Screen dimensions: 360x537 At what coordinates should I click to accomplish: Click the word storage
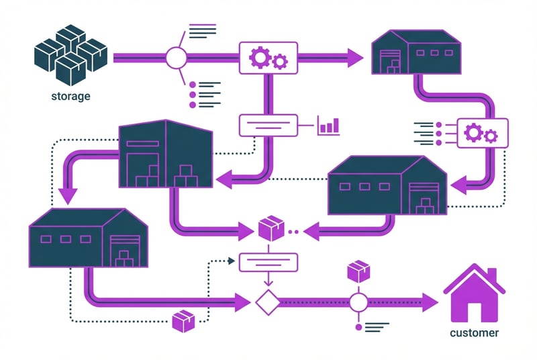[x=70, y=96]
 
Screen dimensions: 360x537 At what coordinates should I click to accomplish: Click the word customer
[x=475, y=332]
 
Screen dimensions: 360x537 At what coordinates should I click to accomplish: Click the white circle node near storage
[x=176, y=58]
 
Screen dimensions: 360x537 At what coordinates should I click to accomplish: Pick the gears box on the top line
[x=268, y=58]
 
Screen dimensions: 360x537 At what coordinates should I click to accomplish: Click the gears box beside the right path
[x=483, y=134]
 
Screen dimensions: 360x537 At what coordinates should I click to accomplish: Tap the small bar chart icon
[x=328, y=125]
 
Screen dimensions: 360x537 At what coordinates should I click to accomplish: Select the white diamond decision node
[x=267, y=302]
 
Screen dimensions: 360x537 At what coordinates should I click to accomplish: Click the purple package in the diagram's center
[x=270, y=229]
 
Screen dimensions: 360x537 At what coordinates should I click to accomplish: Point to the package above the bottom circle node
[x=358, y=272]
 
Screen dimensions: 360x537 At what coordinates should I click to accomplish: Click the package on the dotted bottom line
[x=183, y=322]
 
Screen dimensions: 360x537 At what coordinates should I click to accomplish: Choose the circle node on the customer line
[x=358, y=302]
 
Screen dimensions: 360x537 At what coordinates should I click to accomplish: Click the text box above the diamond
[x=268, y=261]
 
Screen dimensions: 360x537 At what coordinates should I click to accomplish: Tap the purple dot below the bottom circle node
[x=358, y=327]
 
